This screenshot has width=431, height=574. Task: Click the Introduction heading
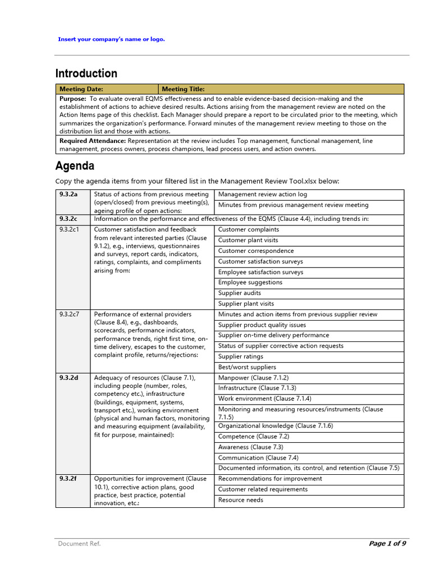click(86, 73)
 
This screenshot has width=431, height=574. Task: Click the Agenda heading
click(75, 166)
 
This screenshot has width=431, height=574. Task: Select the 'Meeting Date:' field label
click(81, 89)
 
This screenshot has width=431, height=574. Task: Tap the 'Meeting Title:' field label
click(183, 89)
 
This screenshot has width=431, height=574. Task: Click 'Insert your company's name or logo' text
click(112, 39)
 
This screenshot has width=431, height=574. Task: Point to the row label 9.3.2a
click(68, 195)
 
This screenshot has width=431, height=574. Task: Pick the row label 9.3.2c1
click(70, 230)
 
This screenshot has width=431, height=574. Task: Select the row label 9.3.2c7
click(70, 314)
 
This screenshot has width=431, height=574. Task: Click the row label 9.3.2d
click(68, 378)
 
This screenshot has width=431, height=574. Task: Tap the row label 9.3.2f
click(68, 479)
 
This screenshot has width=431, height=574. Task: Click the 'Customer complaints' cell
click(249, 230)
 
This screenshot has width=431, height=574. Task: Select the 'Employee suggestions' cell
click(250, 283)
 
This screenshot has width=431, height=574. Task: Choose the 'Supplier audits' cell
click(240, 293)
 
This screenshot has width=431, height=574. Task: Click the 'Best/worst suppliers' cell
click(248, 367)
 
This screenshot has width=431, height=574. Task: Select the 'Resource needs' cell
click(241, 500)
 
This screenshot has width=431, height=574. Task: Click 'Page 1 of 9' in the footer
click(387, 544)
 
